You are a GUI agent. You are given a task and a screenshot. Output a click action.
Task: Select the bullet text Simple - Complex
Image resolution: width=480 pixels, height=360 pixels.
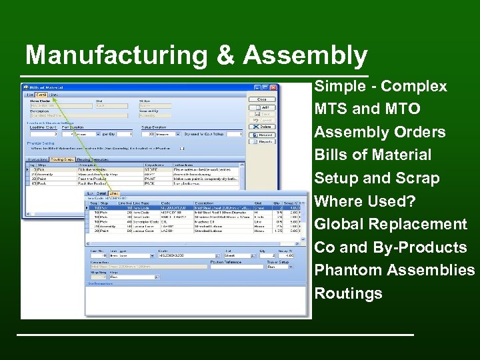click(380, 87)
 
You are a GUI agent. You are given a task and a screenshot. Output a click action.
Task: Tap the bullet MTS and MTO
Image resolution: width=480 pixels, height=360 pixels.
click(367, 109)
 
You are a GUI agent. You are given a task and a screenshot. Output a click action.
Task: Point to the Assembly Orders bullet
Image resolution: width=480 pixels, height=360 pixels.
click(379, 132)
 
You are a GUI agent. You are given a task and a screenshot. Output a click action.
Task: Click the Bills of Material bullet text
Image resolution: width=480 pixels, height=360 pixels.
click(373, 155)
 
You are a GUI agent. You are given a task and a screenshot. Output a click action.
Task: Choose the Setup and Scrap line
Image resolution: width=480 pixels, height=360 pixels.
click(377, 178)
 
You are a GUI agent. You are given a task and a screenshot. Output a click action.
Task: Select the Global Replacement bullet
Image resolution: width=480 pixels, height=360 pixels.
click(391, 224)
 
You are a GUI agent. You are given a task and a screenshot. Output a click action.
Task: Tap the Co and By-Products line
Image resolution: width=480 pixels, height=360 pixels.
click(390, 247)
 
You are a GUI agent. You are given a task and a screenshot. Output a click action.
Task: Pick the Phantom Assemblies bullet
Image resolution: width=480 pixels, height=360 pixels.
click(394, 270)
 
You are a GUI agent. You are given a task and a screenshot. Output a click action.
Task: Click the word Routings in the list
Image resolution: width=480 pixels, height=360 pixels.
click(348, 293)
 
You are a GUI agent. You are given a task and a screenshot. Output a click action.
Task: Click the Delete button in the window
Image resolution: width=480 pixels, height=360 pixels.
click(265, 126)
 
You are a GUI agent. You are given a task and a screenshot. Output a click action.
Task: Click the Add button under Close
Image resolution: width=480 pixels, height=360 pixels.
click(265, 107)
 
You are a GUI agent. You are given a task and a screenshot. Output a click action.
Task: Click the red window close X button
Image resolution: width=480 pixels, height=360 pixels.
click(273, 87)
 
